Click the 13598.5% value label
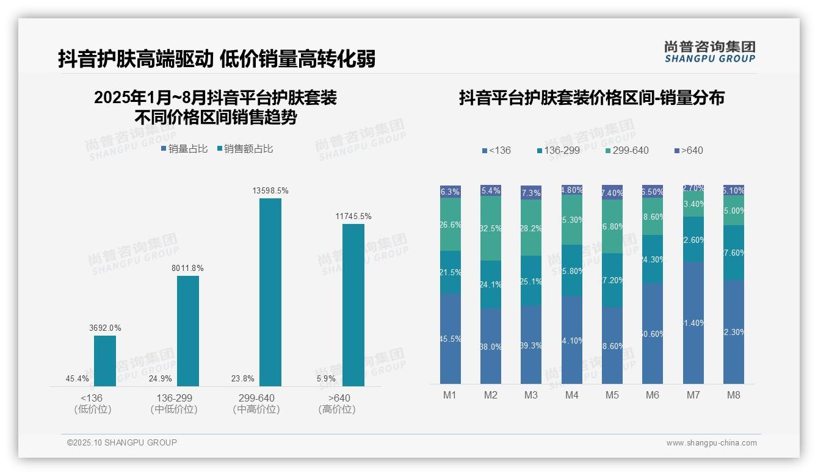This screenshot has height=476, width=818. click(x=270, y=191)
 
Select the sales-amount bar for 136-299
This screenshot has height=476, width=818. click(x=188, y=331)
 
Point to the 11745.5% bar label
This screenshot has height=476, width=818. click(x=353, y=217)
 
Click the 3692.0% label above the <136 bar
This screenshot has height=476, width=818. click(x=105, y=328)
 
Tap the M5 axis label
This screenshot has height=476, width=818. click(x=612, y=395)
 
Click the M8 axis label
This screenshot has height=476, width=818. click(x=734, y=395)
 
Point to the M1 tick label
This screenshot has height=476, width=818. click(x=450, y=395)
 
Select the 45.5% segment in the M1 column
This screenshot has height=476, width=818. click(x=451, y=339)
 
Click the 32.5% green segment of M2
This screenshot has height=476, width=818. click(x=491, y=228)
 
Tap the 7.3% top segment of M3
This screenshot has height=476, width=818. click(x=531, y=192)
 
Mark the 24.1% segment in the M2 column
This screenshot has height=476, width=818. click(x=491, y=284)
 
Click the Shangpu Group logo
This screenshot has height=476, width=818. click(x=710, y=52)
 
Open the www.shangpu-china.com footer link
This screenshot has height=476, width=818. click(x=711, y=443)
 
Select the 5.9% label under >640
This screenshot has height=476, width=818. click(x=326, y=379)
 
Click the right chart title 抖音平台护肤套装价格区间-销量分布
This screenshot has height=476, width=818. click(x=592, y=98)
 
